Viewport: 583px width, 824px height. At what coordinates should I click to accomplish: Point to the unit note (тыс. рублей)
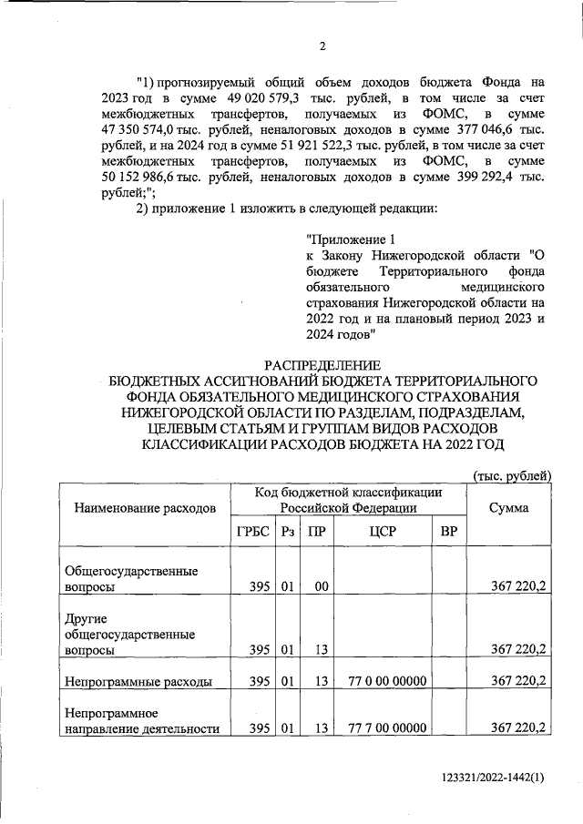pyautogui.click(x=512, y=474)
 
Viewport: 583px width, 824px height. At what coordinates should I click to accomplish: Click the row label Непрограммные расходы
pyautogui.click(x=138, y=681)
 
